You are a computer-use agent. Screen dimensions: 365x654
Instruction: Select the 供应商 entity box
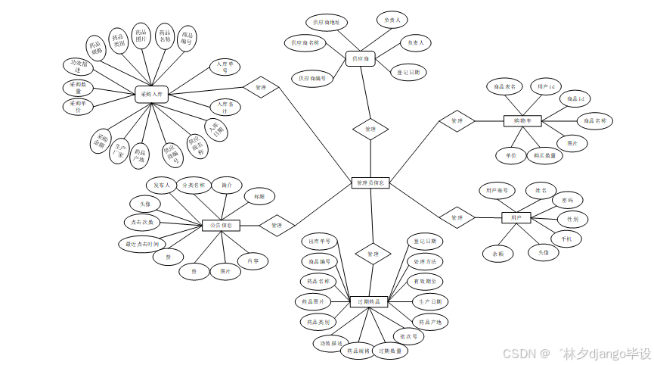tap(361, 58)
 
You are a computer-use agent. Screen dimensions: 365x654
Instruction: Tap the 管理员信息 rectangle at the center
tap(371, 182)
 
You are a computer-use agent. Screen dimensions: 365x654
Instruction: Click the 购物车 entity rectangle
tap(522, 120)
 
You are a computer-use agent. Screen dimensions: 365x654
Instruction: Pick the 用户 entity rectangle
tap(516, 218)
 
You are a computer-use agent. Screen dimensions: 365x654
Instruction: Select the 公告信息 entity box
tap(222, 225)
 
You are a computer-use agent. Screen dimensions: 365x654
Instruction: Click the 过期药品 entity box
tap(370, 301)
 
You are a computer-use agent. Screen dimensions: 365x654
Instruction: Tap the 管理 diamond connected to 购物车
tap(457, 121)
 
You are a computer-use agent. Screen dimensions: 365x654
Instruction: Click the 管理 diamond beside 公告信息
tap(277, 225)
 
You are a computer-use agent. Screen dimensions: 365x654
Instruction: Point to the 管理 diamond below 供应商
tap(370, 129)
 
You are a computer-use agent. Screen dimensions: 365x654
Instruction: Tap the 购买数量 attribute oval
tap(544, 157)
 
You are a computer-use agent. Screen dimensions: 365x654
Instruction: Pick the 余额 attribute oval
tap(498, 254)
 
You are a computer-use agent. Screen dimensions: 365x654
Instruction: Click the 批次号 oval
tap(409, 336)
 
